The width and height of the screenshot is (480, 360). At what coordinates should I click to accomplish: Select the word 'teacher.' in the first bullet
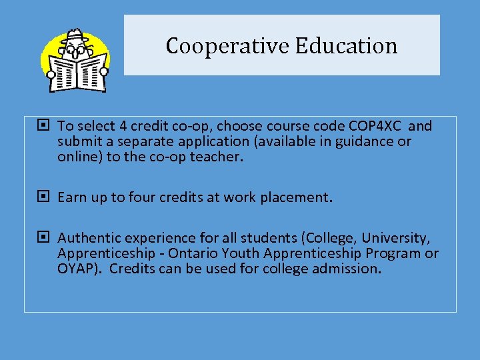tap(220, 157)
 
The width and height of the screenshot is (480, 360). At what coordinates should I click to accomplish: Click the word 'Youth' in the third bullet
tap(241, 253)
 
